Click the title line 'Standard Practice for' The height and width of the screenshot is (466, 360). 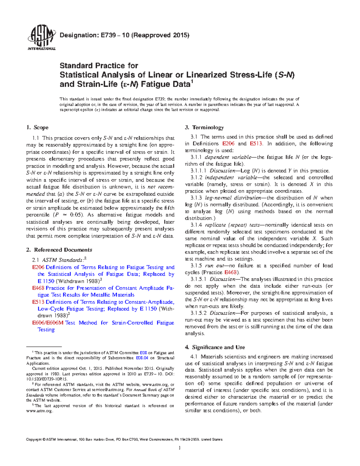pos(99,65)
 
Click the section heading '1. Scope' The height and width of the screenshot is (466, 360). pos(37,128)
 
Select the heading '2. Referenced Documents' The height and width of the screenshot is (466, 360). pos(59,250)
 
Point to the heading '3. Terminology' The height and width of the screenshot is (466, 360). pos(204,128)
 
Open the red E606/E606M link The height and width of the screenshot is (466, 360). pos(48,323)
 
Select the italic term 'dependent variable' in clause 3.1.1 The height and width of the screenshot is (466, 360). pos(228,157)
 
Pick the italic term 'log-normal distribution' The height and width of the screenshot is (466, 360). pos(233,198)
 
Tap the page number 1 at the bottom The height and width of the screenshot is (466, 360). pos(179,448)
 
